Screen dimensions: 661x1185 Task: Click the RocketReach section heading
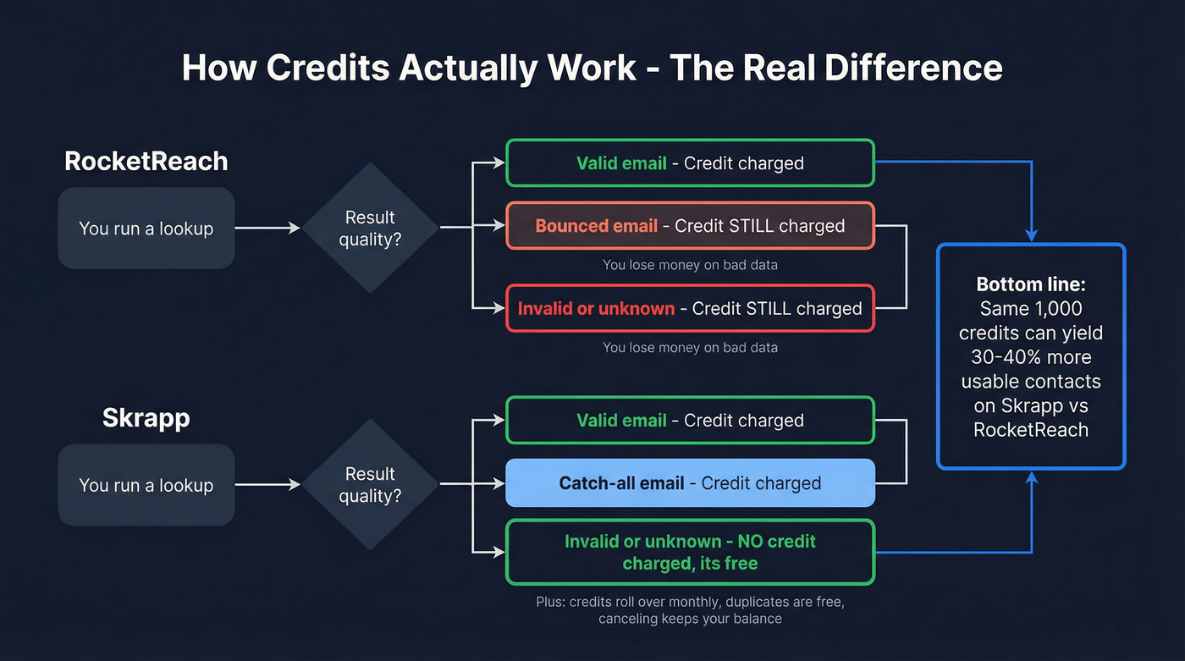(146, 161)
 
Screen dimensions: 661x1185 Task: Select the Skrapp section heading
(146, 417)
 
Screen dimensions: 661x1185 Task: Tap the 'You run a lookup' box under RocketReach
(146, 229)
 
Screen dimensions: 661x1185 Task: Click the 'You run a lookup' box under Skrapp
(146, 485)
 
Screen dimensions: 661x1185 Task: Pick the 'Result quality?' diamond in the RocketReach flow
(370, 228)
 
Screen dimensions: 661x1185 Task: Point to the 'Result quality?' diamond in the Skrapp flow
(370, 484)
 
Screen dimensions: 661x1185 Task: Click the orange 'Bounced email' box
(690, 226)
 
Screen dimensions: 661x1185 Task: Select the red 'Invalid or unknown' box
(690, 308)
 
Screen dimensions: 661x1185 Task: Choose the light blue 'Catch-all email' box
(690, 483)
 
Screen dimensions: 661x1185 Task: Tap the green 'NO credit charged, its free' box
(690, 552)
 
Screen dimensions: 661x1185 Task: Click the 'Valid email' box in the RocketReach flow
(690, 162)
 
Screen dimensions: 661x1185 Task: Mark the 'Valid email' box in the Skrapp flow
(690, 421)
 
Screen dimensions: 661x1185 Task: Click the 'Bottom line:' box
(1030, 356)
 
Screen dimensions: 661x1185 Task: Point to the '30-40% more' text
(1031, 357)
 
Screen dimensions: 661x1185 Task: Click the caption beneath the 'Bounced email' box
(690, 265)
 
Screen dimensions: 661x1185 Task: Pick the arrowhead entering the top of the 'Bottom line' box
(1031, 236)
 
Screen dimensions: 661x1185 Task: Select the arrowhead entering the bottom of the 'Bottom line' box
(1031, 478)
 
